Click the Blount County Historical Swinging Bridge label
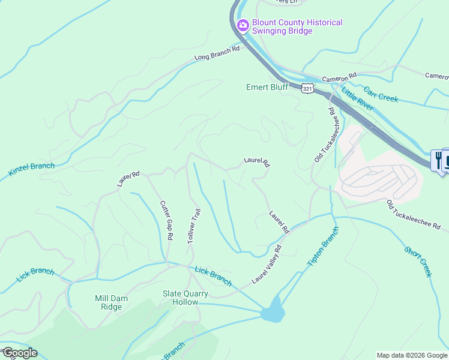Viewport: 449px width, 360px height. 297,26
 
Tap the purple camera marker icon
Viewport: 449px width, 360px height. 243,25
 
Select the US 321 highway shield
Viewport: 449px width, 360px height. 307,88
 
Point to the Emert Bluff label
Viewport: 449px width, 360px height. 267,87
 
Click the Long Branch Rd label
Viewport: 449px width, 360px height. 217,53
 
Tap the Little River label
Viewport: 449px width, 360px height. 357,100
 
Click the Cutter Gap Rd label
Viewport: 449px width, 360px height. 166,220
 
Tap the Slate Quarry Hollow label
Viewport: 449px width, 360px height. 185,298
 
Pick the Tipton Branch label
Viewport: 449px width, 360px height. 323,247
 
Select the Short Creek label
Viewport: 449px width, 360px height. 418,262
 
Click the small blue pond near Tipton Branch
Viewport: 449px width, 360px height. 273,311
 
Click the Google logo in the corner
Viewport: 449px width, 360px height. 20,353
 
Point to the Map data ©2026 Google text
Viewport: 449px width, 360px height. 412,355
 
